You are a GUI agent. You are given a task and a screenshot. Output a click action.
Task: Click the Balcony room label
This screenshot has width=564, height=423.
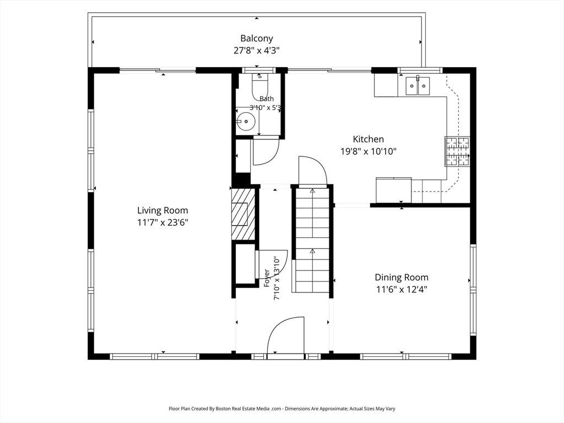(257, 38)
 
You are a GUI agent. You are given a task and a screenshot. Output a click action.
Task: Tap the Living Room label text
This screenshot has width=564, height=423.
(162, 210)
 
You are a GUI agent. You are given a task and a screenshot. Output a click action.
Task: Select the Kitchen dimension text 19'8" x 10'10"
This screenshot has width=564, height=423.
(368, 151)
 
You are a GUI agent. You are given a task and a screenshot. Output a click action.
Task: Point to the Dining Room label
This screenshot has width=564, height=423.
(402, 278)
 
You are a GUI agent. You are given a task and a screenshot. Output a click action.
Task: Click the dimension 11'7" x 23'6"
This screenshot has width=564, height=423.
(162, 223)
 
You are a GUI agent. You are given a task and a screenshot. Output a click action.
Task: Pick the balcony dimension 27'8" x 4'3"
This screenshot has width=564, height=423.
(257, 50)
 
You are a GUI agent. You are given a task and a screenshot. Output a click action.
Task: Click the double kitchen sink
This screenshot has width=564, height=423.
(417, 86)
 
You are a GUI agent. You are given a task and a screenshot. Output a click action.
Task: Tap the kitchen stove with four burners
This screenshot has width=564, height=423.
(458, 151)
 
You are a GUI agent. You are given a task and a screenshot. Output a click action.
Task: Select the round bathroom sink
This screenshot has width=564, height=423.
(246, 122)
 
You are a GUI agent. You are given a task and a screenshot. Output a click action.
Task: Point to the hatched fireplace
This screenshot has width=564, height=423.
(243, 214)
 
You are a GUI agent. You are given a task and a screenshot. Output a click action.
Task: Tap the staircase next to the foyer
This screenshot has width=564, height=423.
(312, 240)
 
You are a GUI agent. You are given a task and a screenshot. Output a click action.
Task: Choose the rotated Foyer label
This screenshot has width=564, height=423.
(267, 278)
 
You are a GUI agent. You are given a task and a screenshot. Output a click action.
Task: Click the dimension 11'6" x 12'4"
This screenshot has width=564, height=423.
(402, 290)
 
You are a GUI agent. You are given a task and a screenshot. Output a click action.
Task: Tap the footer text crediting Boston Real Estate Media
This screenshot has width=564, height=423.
(282, 409)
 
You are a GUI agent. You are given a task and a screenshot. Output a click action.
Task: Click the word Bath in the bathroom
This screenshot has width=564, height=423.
(267, 99)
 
